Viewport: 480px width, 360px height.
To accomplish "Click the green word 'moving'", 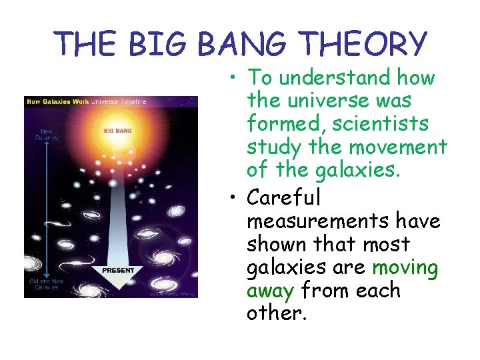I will pos(405,268).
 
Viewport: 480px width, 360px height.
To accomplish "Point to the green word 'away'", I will pos(271,291).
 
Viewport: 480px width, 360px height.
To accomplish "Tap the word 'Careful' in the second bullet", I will pos(283,197).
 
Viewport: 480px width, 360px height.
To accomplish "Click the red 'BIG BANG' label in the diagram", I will pos(117,131).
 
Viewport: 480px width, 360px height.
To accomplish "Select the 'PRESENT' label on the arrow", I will pos(118,270).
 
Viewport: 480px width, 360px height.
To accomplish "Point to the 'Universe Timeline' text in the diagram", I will pos(118,101).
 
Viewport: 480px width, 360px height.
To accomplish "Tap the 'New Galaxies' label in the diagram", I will pos(45,135).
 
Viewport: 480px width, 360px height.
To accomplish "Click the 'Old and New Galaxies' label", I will pos(47,285).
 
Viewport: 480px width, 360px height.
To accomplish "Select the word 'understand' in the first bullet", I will pos(335,78).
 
